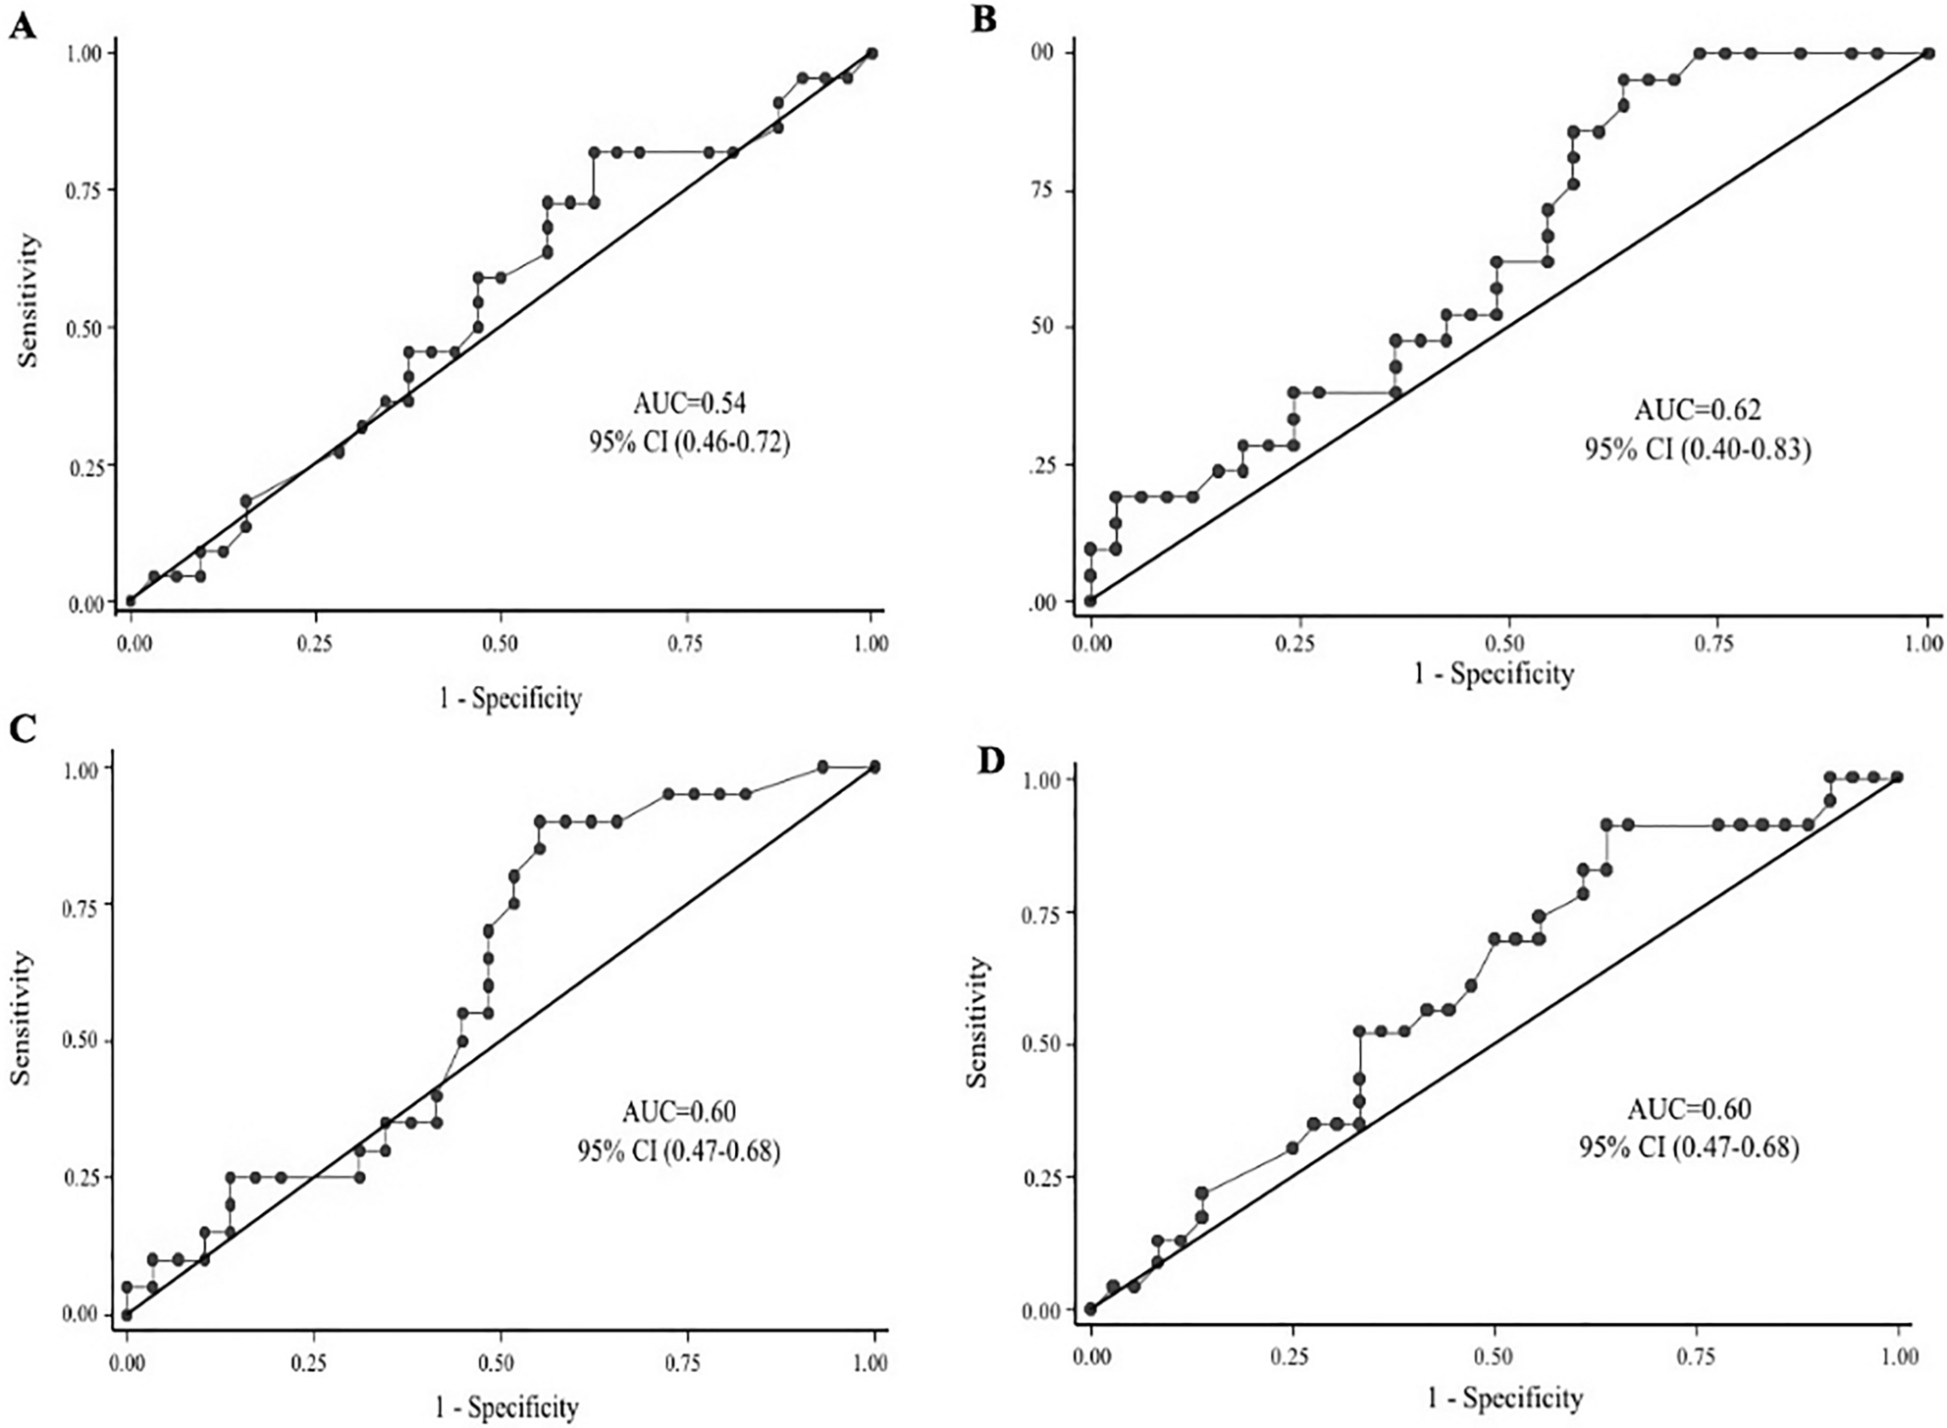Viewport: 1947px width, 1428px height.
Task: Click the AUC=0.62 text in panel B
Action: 1697,409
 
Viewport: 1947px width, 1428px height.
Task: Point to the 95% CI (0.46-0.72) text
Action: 690,443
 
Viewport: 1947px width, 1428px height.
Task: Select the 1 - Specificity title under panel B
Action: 1493,673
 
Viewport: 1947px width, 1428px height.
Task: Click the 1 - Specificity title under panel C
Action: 506,1407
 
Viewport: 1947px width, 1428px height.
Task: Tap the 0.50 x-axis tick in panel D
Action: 1495,1357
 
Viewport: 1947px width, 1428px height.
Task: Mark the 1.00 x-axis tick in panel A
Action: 870,644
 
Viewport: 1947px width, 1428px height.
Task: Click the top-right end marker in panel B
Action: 1927,53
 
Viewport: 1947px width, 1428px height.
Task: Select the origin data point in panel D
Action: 1090,1308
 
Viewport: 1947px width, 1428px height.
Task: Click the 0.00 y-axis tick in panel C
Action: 82,1315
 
